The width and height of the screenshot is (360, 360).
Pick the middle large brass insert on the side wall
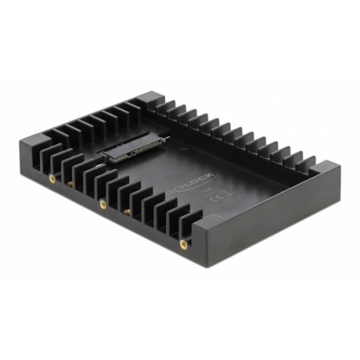[x=103, y=204]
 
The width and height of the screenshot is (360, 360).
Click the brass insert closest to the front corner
[x=182, y=243]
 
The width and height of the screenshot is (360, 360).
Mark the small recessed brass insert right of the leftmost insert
[x=70, y=185]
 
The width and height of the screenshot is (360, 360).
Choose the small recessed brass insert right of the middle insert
[x=127, y=211]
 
